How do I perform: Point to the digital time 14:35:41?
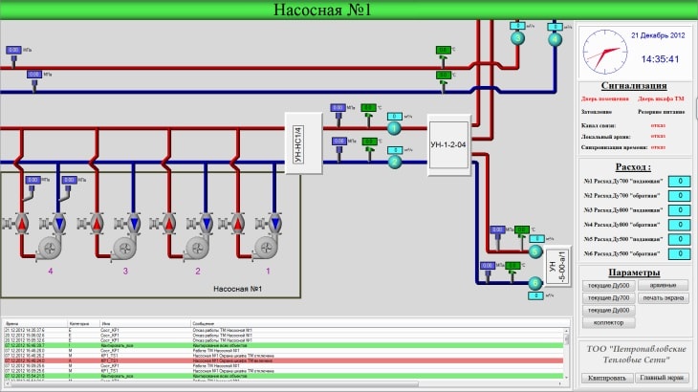pyautogui.click(x=660, y=59)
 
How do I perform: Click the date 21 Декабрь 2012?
pyautogui.click(x=659, y=35)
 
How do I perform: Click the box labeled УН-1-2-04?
pyautogui.click(x=447, y=143)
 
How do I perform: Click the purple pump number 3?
pyautogui.click(x=125, y=272)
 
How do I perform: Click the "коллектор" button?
pyautogui.click(x=608, y=323)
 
